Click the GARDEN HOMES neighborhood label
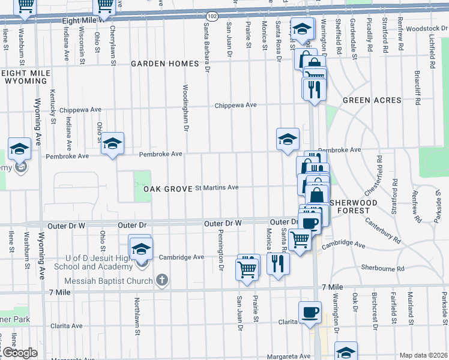click(165, 64)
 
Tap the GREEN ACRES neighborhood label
click(366, 101)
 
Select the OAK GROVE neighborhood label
click(167, 189)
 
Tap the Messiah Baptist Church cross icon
click(161, 279)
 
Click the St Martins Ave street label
click(217, 188)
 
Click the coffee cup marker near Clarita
click(310, 313)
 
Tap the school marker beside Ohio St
click(112, 144)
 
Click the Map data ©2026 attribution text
click(423, 355)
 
